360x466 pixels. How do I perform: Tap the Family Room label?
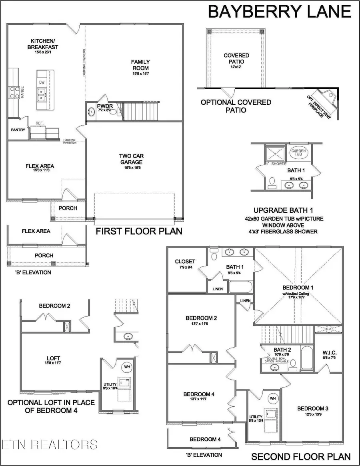pos(140,65)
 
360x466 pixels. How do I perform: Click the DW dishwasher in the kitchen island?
pos(42,82)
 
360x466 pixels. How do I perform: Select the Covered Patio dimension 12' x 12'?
pos(236,68)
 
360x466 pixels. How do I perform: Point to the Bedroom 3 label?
pos(313,408)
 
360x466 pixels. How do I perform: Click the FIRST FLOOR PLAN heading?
pos(138,231)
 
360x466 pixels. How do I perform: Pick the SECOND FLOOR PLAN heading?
pos(301,456)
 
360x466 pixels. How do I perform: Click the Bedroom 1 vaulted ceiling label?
pos(296,294)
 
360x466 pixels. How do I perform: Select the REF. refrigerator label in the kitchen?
pos(39,124)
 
